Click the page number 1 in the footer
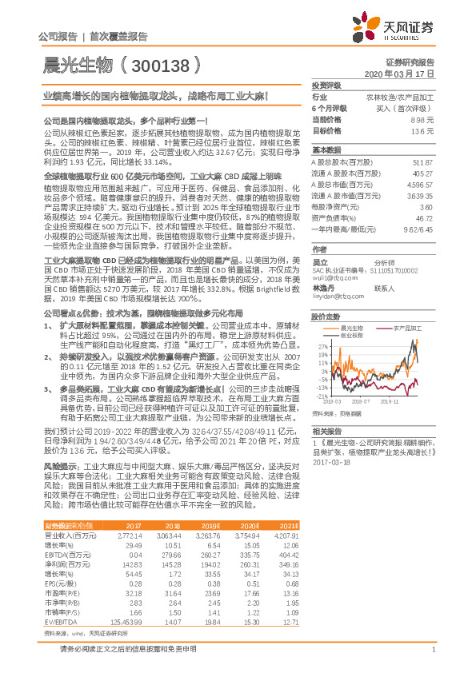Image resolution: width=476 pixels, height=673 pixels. pos(432,659)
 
